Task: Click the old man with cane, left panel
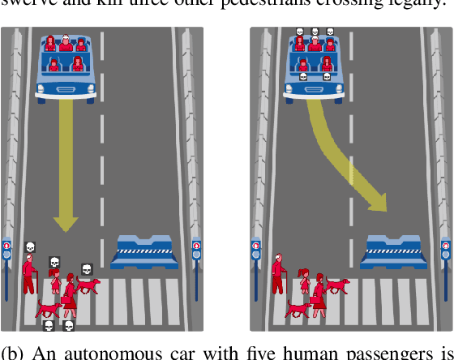tap(29, 274)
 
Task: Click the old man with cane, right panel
tap(278, 274)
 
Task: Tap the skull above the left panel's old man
tap(30, 246)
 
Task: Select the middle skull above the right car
tap(314, 32)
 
